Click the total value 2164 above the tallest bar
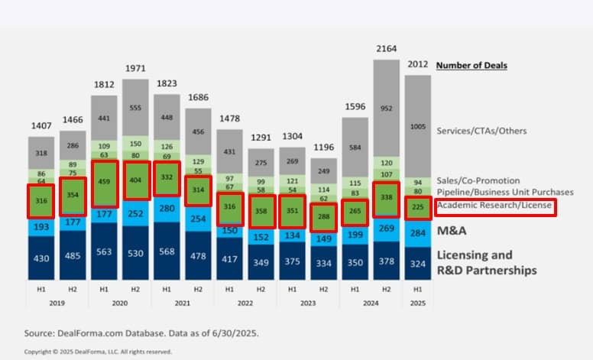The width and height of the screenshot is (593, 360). pos(387,49)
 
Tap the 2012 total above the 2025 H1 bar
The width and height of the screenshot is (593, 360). pos(417,65)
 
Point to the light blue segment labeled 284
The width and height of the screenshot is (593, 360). pos(417,233)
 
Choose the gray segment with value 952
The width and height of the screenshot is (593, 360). pos(386,109)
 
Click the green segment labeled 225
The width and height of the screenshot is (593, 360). pos(417,206)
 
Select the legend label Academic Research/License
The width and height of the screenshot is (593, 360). pos(494,206)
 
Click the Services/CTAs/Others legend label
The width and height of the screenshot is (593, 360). pos(481,131)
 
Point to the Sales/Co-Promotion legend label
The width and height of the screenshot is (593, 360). pos(478,180)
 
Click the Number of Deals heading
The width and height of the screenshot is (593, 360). pos(471,65)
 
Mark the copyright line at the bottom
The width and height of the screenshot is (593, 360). pos(98,352)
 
